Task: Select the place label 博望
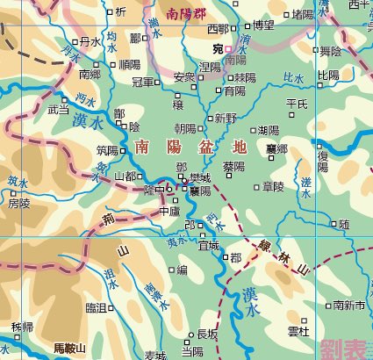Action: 263,25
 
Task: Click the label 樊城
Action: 199,178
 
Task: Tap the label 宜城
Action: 208,246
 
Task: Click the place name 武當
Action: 58,111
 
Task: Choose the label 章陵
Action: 273,186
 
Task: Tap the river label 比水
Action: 293,78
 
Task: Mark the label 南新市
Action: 348,306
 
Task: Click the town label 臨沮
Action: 96,307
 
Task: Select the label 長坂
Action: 207,334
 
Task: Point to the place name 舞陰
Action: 330,52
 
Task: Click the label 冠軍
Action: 143,82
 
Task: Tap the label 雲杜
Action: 298,331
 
